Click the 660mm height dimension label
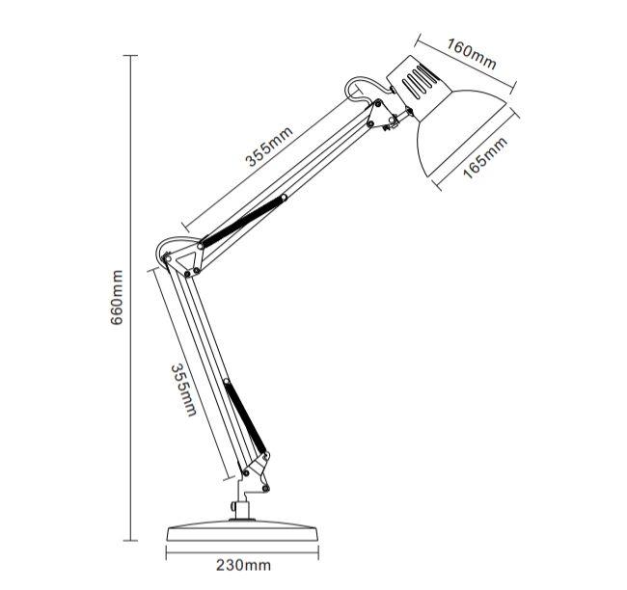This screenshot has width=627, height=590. [x=117, y=299]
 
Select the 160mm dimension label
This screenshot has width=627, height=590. [x=473, y=57]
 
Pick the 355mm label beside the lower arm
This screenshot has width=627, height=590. [x=183, y=390]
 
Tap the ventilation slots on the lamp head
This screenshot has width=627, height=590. [x=420, y=81]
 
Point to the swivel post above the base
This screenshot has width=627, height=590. [x=237, y=509]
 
